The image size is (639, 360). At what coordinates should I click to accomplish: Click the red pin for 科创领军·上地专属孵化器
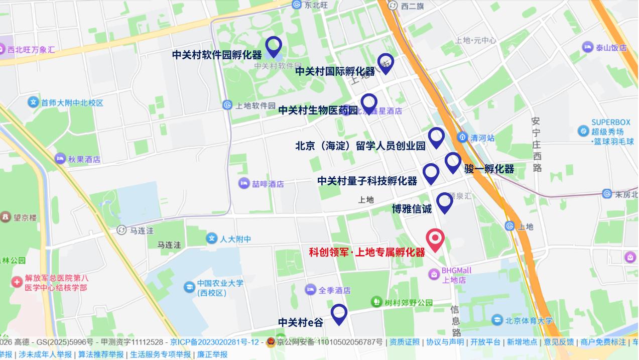point(435,239)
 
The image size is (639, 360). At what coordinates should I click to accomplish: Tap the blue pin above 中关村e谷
point(339,314)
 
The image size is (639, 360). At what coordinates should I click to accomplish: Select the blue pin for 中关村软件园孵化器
point(273,46)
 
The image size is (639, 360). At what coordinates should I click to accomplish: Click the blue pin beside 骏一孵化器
point(453,162)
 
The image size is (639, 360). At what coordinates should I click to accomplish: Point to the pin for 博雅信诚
point(444,202)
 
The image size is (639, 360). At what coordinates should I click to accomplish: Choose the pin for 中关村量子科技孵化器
point(431,173)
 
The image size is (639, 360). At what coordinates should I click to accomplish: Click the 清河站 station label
point(482,138)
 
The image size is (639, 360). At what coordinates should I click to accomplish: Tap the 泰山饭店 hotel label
point(611,48)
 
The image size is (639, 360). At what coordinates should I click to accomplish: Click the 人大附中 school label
point(235,239)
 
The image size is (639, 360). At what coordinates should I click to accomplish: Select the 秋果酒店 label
point(84,160)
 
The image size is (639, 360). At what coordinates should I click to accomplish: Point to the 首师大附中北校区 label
point(72,103)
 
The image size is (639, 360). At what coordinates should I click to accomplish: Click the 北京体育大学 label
point(529,320)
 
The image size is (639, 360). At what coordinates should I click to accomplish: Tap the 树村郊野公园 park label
point(408,302)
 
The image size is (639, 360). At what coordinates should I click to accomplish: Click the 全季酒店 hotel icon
point(311,290)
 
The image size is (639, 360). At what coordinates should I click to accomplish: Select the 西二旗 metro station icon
point(393,6)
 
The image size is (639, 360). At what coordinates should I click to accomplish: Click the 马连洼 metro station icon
point(121,230)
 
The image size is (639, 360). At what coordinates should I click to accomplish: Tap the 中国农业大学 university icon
point(189,287)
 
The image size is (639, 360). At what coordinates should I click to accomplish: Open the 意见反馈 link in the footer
point(559,342)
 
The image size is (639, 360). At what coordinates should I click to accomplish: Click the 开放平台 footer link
point(485,342)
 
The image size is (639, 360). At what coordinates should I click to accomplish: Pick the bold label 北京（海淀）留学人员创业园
point(360,146)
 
